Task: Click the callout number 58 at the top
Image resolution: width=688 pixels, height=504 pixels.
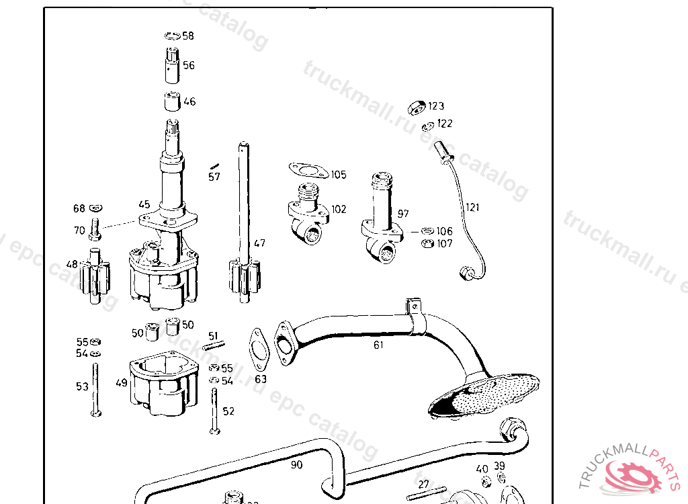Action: pos(188,36)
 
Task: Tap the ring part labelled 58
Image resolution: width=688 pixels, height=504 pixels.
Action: pos(171,36)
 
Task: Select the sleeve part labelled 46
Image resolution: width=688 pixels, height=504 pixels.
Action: pos(172,101)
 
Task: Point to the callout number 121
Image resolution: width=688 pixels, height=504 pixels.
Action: pos(473,207)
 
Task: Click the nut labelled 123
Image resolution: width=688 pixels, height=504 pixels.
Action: pos(417,106)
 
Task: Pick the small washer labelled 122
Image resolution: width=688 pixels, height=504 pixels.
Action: pos(427,126)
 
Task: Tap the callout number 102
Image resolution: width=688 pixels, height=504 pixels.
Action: pos(339,209)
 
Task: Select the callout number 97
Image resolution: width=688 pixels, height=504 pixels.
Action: pos(403,214)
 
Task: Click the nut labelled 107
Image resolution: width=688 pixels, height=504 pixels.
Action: pos(426,243)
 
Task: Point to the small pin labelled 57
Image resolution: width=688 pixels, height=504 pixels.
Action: pos(215,166)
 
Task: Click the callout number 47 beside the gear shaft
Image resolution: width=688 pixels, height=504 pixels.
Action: pos(259,243)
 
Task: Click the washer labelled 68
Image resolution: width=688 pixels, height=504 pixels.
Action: pos(95,208)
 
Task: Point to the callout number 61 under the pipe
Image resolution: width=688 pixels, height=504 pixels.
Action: pos(379,345)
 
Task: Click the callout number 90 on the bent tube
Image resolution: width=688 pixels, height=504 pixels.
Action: pos(296,464)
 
